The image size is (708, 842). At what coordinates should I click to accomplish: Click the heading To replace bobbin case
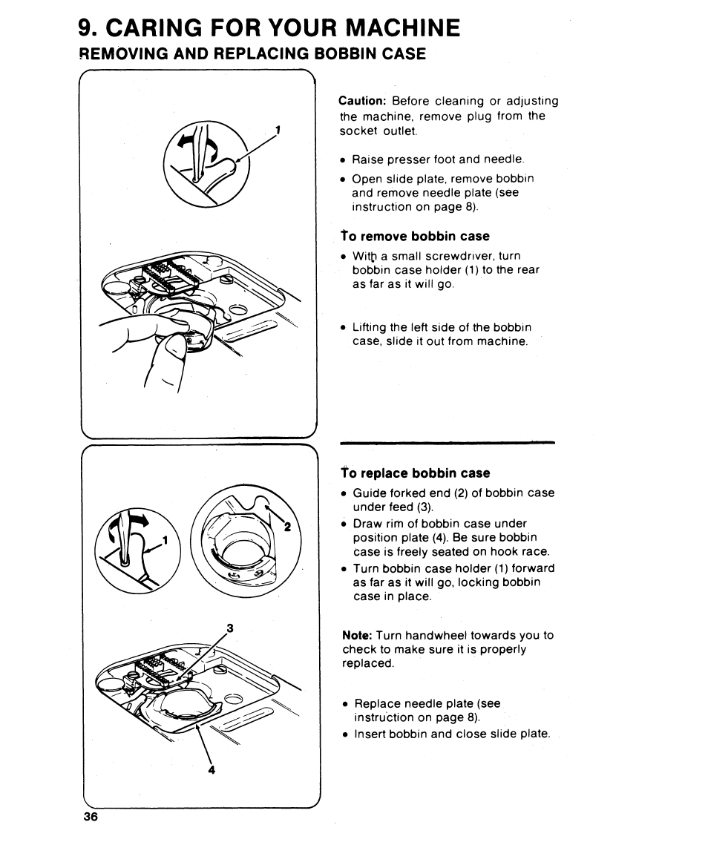[x=416, y=473]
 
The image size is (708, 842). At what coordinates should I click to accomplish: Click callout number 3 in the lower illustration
[x=231, y=628]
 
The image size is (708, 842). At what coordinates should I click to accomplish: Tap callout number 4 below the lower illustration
[x=212, y=770]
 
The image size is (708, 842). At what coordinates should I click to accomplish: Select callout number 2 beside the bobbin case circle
[x=286, y=527]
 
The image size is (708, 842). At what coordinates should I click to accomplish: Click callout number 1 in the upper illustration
[x=278, y=130]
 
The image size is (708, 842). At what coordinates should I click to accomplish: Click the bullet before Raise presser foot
[x=344, y=159]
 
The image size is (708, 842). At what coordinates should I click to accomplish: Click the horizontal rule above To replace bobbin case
[x=448, y=443]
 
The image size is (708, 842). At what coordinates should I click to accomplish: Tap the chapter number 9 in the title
[x=87, y=28]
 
